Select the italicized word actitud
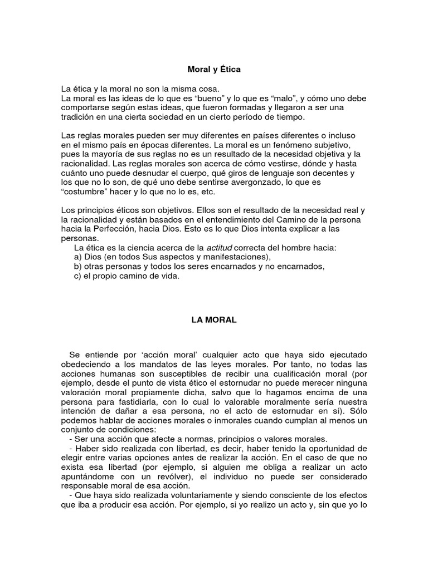(220, 248)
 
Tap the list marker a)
(78, 257)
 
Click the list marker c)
(78, 276)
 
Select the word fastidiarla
(128, 402)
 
